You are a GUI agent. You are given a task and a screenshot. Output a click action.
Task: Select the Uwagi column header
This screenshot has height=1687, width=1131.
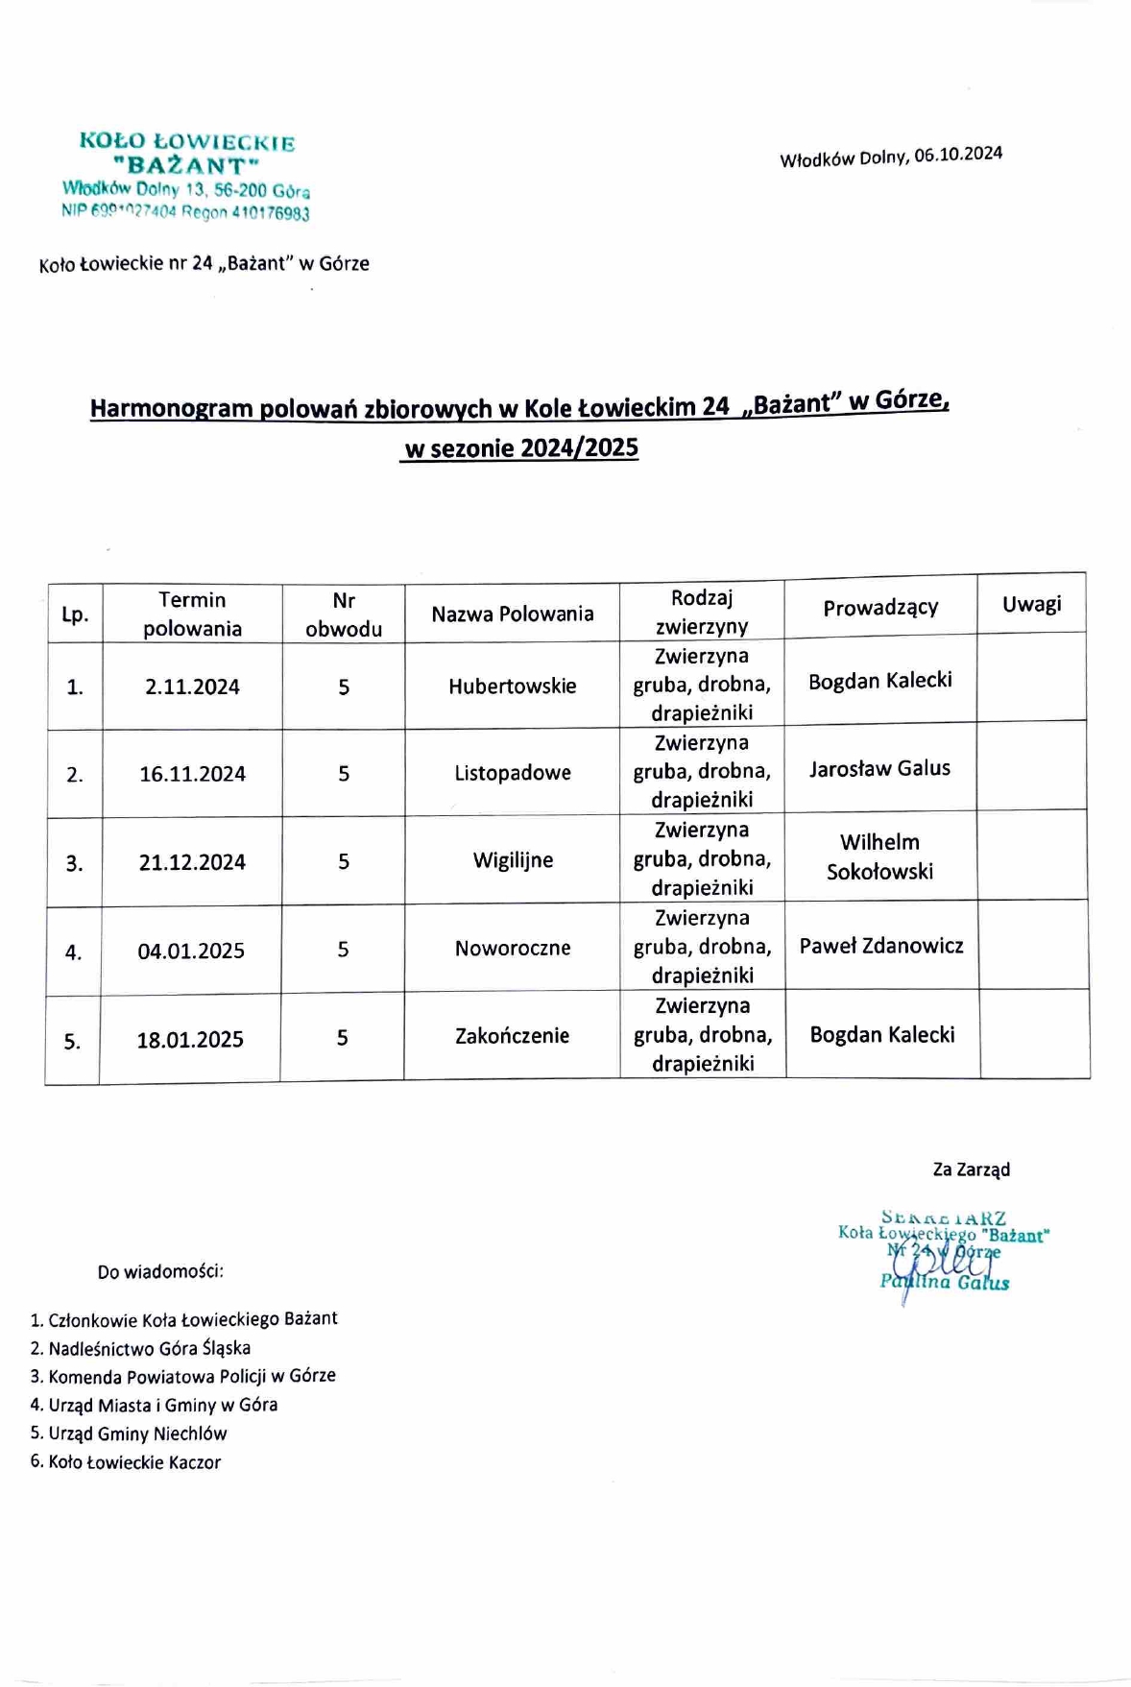pyautogui.click(x=1031, y=604)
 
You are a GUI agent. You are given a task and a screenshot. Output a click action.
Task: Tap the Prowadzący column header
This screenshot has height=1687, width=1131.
pyautogui.click(x=879, y=607)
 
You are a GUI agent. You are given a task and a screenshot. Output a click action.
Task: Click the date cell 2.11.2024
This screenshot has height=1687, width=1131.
pyautogui.click(x=192, y=687)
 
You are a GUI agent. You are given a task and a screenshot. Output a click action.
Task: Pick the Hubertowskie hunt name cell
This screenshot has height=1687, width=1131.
pyautogui.click(x=512, y=686)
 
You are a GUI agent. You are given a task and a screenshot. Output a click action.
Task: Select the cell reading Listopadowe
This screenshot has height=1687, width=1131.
pyautogui.click(x=512, y=773)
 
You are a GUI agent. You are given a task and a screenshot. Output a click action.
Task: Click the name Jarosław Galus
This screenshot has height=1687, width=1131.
pyautogui.click(x=879, y=768)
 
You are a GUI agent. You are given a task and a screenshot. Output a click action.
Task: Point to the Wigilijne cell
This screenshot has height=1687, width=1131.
pyautogui.click(x=512, y=860)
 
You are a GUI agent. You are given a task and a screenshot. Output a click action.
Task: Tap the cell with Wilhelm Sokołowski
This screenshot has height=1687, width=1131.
pyautogui.click(x=879, y=856)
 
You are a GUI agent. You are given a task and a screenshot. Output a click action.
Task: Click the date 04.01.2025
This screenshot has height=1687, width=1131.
pyautogui.click(x=191, y=951)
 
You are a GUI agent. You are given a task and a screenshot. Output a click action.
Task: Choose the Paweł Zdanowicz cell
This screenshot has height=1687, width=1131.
pyautogui.click(x=880, y=946)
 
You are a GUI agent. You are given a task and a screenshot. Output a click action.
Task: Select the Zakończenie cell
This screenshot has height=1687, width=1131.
pyautogui.click(x=512, y=1035)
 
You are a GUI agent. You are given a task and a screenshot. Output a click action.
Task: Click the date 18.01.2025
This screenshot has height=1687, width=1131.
pyautogui.click(x=190, y=1039)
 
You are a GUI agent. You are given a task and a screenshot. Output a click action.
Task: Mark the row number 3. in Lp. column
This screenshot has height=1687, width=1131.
pyautogui.click(x=74, y=863)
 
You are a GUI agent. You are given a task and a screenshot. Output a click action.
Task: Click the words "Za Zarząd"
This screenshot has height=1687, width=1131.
pyautogui.click(x=971, y=1169)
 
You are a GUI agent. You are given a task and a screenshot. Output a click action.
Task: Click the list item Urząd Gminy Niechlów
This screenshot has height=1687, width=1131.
pyautogui.click(x=137, y=1434)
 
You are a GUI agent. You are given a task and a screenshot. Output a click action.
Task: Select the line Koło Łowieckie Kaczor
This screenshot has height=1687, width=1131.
pyautogui.click(x=134, y=1462)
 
